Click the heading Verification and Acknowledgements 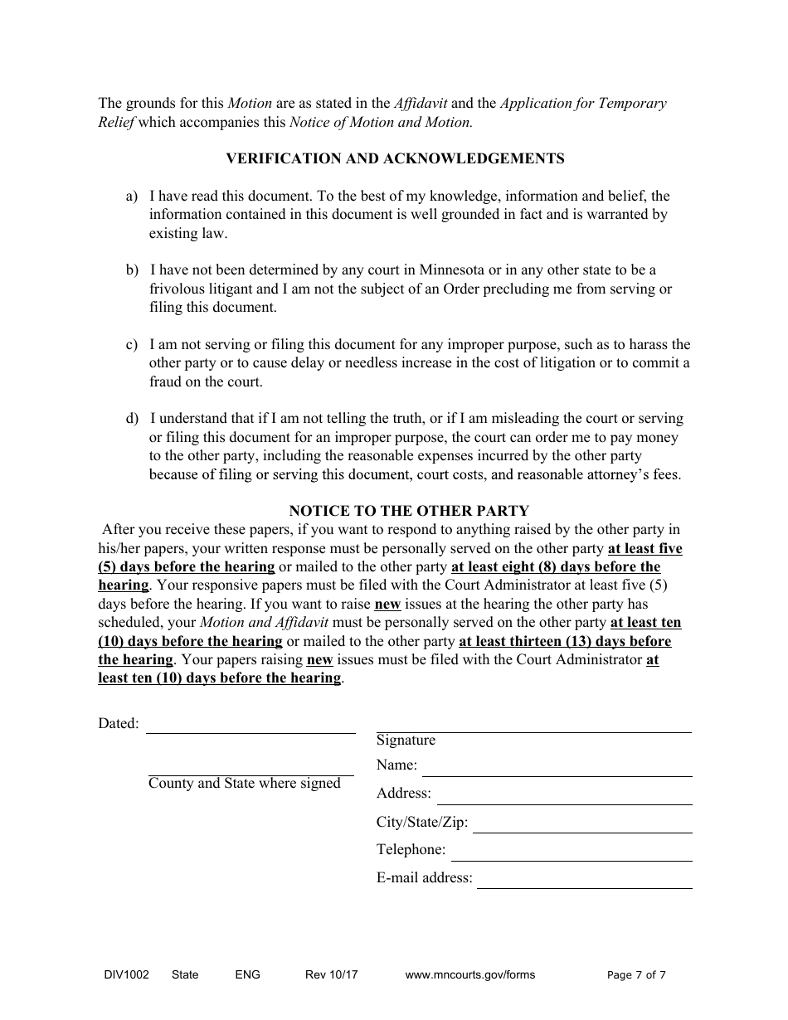pos(395,158)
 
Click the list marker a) pos(132,197)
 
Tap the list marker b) pos(132,270)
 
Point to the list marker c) pos(132,345)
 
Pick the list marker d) pos(132,419)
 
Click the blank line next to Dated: pos(251,726)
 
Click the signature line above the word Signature pos(533,726)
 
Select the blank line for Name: pos(557,770)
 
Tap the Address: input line pos(564,798)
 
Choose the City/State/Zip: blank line pos(582,826)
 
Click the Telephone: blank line pos(572,854)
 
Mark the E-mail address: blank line pos(584,882)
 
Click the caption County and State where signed pos(245,784)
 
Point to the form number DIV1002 pos(123,975)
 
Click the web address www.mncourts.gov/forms pos(469,975)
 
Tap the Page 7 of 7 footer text pos(636,975)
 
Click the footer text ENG pos(247,975)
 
